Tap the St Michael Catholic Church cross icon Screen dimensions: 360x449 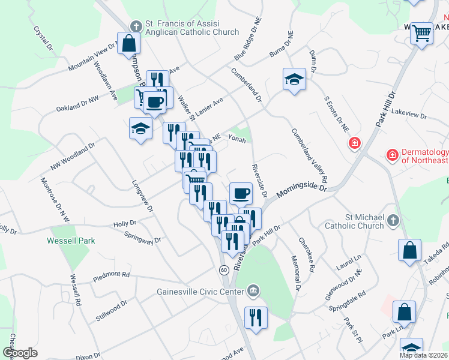(x=393, y=220)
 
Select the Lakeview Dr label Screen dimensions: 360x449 (x=408, y=113)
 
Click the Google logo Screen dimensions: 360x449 (x=20, y=353)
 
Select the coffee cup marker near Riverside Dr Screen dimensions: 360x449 (x=241, y=193)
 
